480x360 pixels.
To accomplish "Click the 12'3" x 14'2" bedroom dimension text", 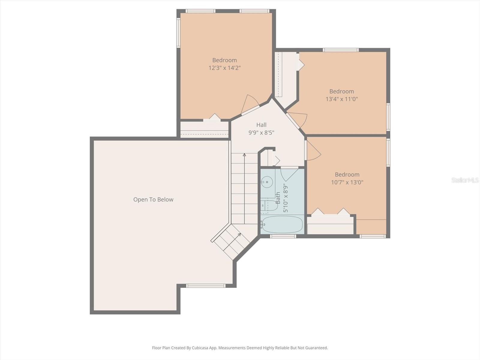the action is (x=225, y=68).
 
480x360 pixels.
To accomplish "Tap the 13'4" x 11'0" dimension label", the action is (x=342, y=99).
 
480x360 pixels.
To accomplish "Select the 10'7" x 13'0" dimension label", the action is (x=347, y=182).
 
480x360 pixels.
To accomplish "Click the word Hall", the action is (x=261, y=125).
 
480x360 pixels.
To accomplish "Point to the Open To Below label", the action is (x=153, y=199).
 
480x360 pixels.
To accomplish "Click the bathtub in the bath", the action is (x=282, y=224).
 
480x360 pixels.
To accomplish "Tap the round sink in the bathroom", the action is (x=267, y=182).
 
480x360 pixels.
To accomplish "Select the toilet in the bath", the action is (x=269, y=205).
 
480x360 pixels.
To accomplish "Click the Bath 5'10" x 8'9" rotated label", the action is (x=282, y=198).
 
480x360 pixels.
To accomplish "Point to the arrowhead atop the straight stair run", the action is (x=244, y=155).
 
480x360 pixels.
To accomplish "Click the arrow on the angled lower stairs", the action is (x=232, y=242).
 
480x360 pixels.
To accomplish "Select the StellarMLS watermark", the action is (x=465, y=180).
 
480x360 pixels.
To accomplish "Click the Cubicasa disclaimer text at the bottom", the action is (x=240, y=348).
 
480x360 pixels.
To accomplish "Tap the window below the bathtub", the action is (x=283, y=236).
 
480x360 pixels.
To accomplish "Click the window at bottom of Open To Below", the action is (x=205, y=286).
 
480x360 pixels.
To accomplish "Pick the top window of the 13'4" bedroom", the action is (x=341, y=50).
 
